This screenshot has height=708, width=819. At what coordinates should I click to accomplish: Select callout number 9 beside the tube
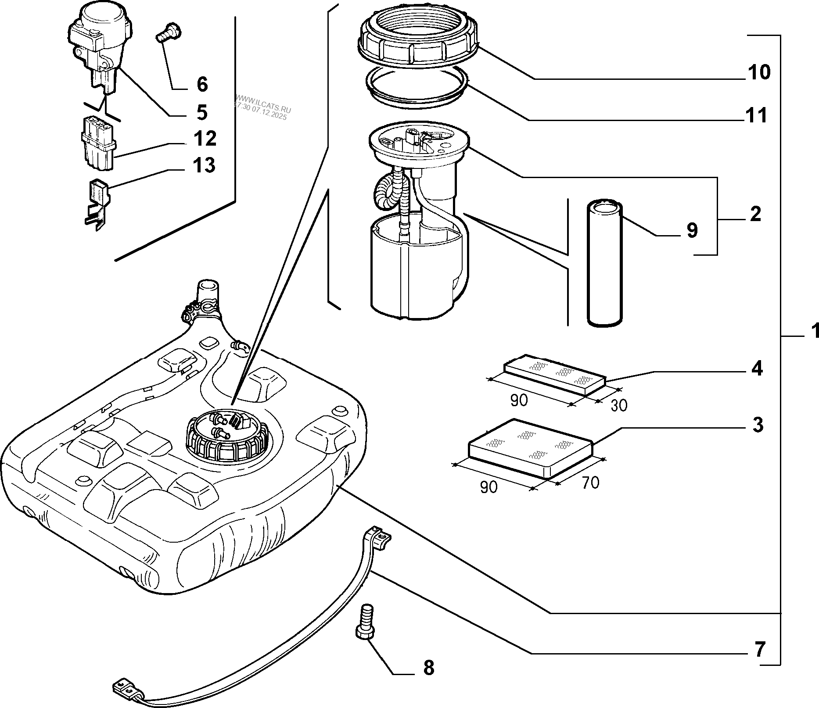(692, 230)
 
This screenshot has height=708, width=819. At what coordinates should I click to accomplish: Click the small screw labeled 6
(169, 33)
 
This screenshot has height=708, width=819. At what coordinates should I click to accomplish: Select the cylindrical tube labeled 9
(605, 263)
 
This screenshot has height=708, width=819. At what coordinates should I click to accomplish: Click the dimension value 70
(591, 483)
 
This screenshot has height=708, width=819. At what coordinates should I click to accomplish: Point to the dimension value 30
(618, 405)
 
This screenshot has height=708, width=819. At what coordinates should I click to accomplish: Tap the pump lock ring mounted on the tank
(227, 439)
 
